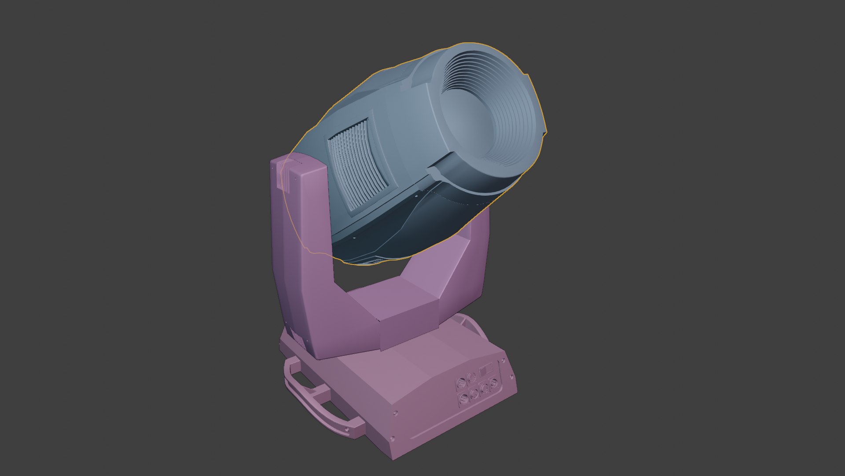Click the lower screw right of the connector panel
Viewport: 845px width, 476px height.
[x=511, y=377]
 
